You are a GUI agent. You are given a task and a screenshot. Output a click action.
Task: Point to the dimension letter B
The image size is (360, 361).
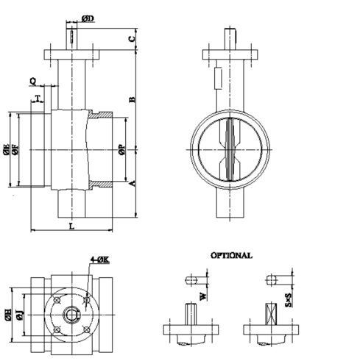tap(132, 99)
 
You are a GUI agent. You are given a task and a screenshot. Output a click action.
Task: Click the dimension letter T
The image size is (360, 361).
tap(38, 97)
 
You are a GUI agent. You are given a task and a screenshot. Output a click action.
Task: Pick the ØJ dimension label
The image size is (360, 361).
tap(21, 315)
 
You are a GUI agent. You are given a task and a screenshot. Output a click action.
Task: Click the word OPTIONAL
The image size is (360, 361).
tap(231, 255)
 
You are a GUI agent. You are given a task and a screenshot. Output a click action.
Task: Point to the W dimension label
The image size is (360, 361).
tap(202, 297)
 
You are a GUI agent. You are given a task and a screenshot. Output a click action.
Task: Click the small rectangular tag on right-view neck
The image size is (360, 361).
tap(218, 77)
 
